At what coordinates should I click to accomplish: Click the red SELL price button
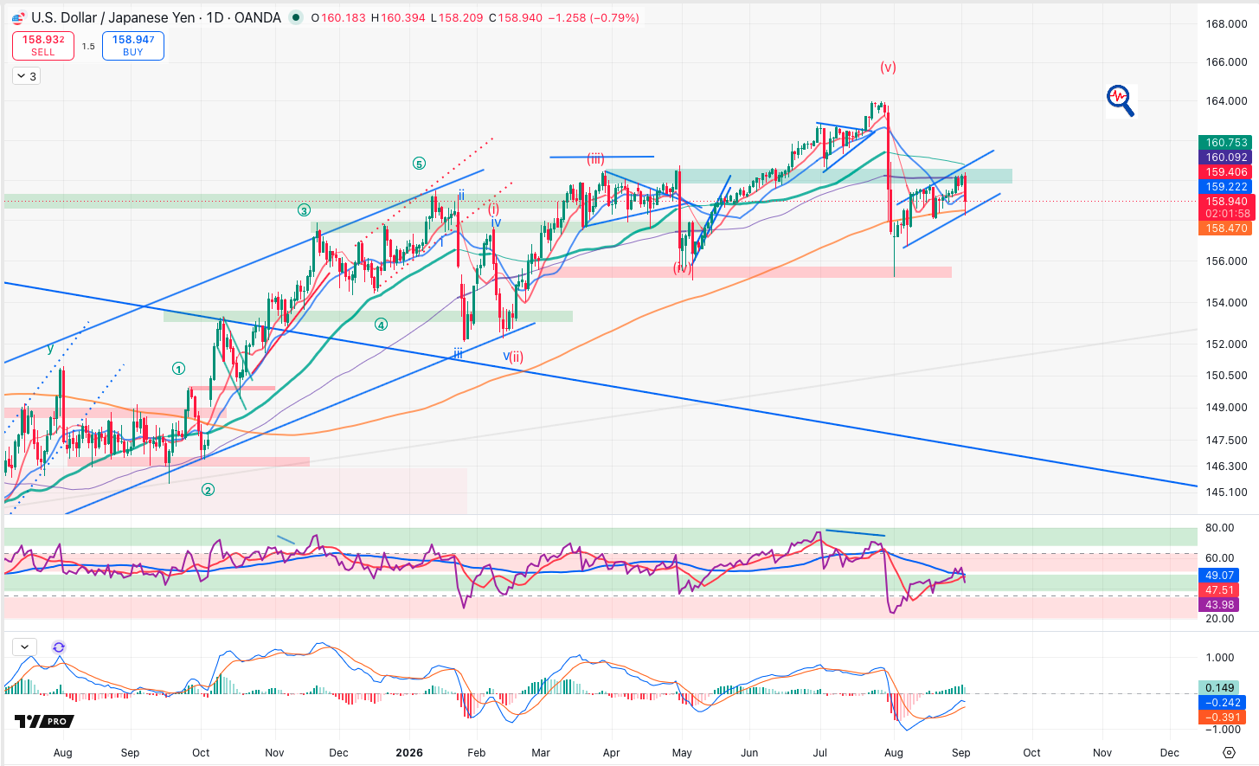pyautogui.click(x=43, y=46)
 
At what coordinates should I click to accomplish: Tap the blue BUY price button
pyautogui.click(x=133, y=46)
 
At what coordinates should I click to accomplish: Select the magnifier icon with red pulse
pyautogui.click(x=1121, y=100)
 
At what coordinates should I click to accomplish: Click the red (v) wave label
pyautogui.click(x=888, y=68)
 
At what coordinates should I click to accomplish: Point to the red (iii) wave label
pyautogui.click(x=596, y=158)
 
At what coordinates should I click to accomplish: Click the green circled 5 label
pyautogui.click(x=420, y=164)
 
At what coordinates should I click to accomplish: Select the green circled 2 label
pyautogui.click(x=208, y=491)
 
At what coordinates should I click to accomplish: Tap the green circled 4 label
pyautogui.click(x=381, y=325)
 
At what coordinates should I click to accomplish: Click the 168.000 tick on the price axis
pyautogui.click(x=1226, y=23)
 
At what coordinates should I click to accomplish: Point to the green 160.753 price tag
pyautogui.click(x=1226, y=143)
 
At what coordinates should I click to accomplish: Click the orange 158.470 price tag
pyautogui.click(x=1226, y=229)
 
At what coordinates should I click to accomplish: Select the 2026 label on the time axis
pyautogui.click(x=409, y=752)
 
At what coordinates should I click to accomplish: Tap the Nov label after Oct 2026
pyautogui.click(x=1102, y=752)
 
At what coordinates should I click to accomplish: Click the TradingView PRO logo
pyautogui.click(x=44, y=721)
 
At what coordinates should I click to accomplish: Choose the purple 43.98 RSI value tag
pyautogui.click(x=1219, y=605)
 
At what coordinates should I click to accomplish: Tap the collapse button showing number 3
pyautogui.click(x=27, y=76)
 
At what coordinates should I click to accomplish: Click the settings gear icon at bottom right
pyautogui.click(x=1230, y=752)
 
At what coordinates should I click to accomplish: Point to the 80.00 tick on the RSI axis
pyautogui.click(x=1220, y=527)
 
